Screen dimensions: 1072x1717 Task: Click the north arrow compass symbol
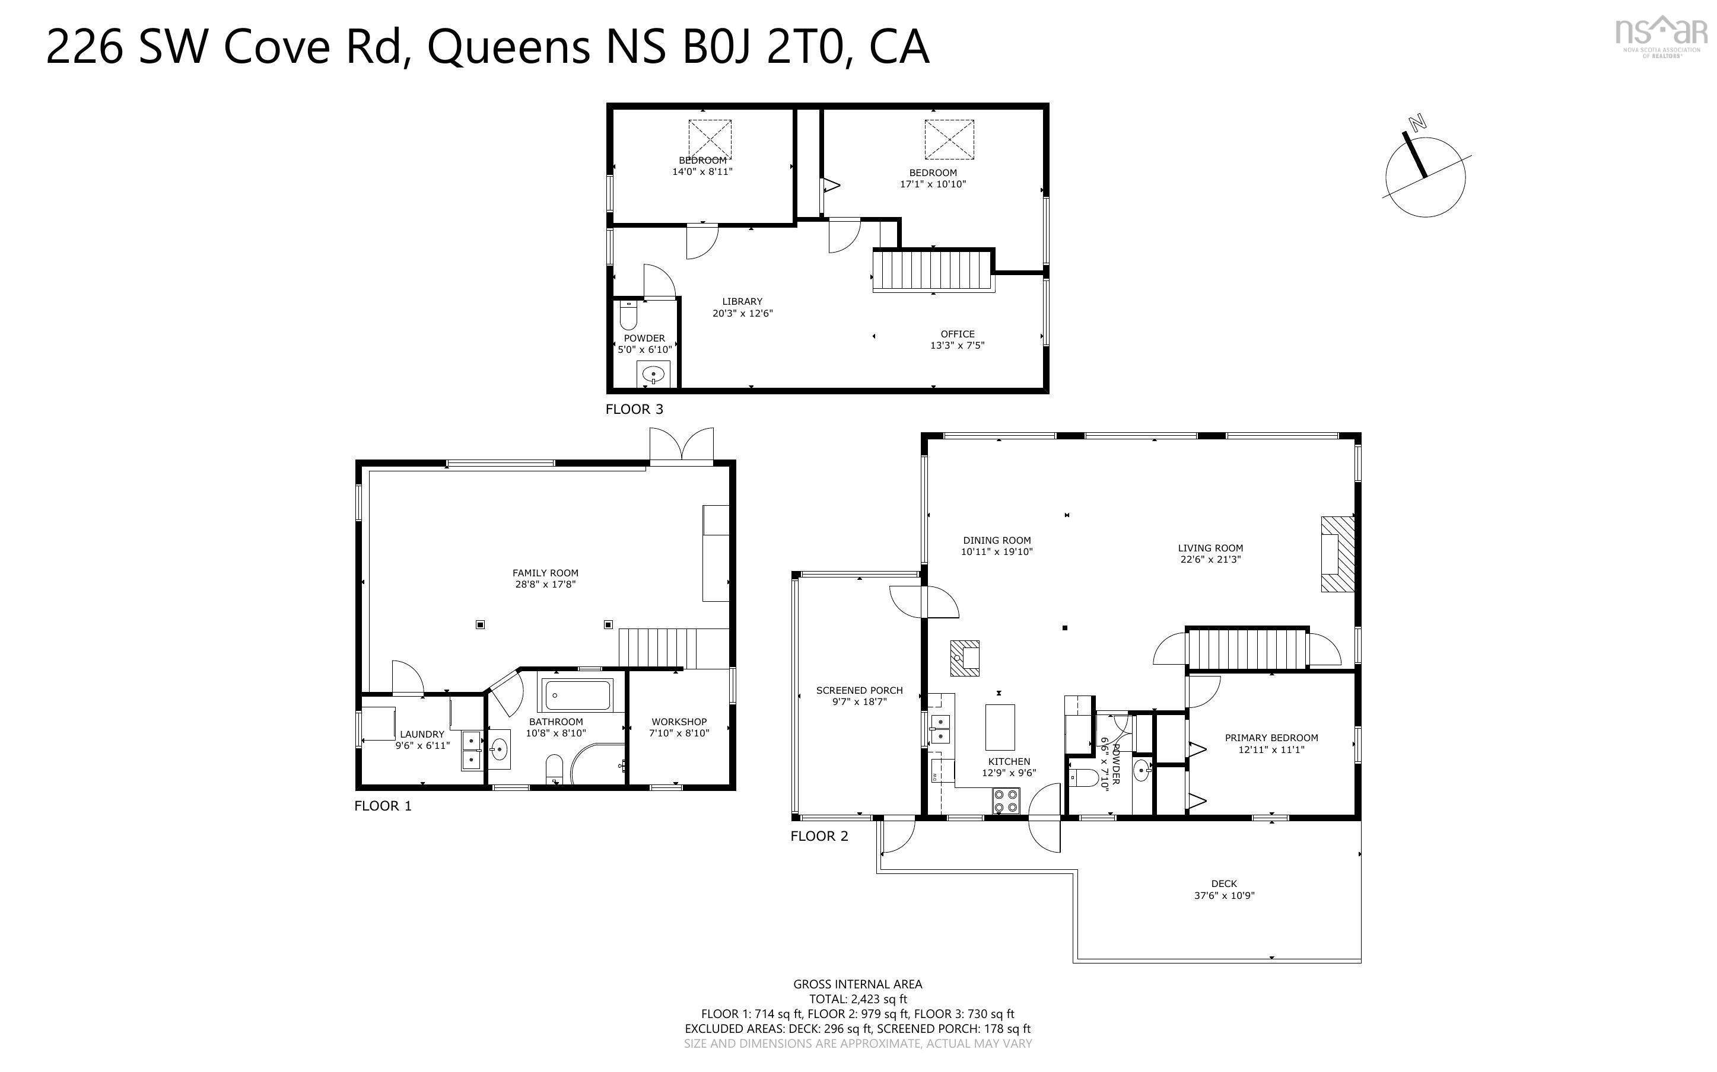pos(1425,177)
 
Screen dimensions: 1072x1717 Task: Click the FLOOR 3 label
pos(634,409)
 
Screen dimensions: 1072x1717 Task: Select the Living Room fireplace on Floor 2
pos(1337,554)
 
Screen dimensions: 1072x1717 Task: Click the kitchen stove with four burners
pos(1005,800)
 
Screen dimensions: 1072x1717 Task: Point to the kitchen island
pos(999,727)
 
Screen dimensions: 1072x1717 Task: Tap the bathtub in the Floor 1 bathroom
pos(577,695)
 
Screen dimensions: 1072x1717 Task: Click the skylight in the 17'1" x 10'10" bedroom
pos(949,139)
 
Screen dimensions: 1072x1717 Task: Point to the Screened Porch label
pos(859,690)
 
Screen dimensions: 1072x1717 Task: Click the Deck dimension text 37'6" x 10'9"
pos(1224,895)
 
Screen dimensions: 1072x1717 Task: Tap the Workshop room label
pos(679,722)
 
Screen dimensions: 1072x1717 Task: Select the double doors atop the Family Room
pos(682,446)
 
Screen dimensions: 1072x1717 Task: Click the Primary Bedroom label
pos(1271,738)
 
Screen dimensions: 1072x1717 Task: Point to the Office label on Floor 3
pos(957,334)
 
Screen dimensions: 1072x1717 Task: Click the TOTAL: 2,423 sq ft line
pos(857,999)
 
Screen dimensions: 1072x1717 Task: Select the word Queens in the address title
pos(508,47)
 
